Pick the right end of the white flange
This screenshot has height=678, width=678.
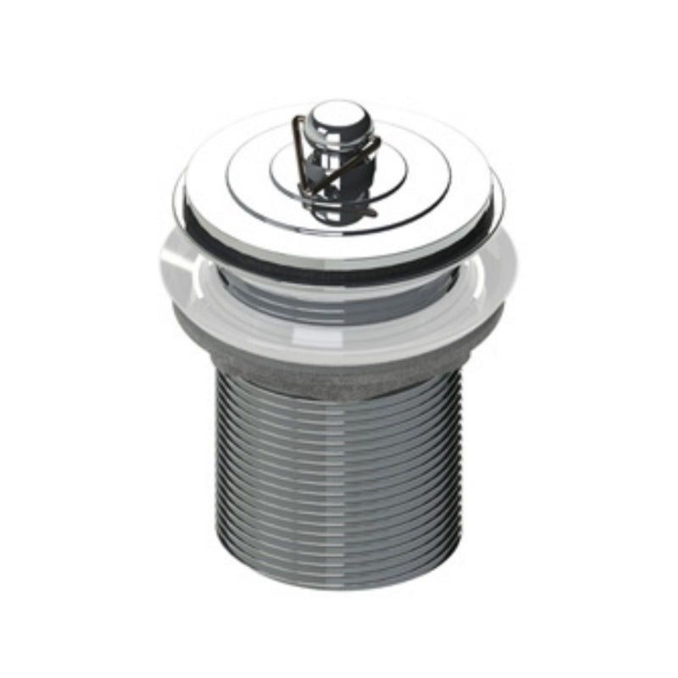(516, 271)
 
